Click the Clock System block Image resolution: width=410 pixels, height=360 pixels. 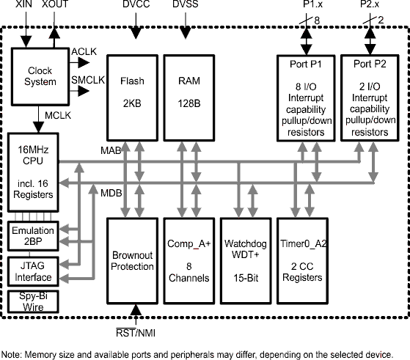40,76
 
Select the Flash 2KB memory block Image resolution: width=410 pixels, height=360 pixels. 132,96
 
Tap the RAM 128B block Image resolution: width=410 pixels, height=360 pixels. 188,96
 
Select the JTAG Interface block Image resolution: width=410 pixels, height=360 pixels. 31,271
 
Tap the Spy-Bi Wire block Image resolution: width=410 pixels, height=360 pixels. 31,301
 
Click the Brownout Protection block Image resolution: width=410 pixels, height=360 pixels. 132,260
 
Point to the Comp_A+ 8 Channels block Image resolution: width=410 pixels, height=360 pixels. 188,260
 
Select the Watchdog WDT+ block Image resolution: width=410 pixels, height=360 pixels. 245,260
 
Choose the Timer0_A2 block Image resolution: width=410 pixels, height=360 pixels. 303,260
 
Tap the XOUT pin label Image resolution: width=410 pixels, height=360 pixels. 56,5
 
